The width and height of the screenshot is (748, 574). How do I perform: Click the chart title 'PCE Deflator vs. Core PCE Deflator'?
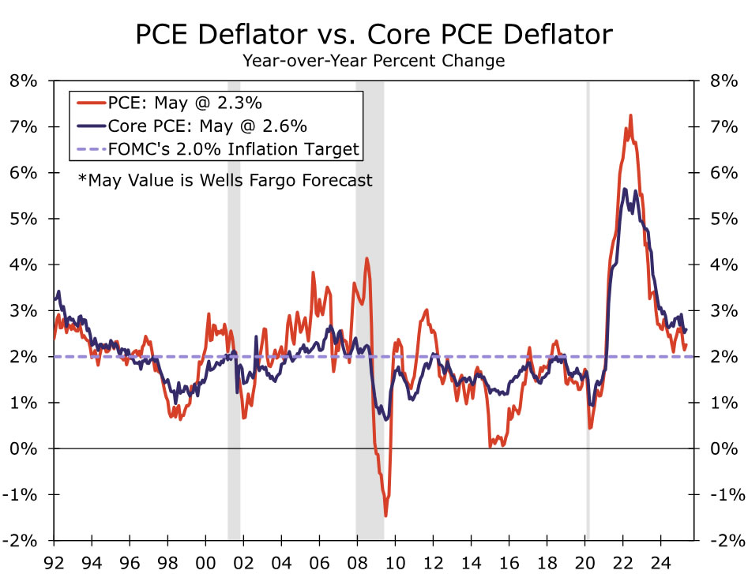(x=374, y=35)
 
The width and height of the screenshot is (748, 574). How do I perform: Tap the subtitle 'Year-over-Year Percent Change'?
(x=374, y=61)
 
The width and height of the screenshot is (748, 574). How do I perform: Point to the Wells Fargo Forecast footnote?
(x=225, y=180)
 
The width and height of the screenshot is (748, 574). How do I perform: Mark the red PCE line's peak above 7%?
(x=630, y=115)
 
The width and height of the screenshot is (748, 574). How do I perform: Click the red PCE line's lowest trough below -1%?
(x=385, y=516)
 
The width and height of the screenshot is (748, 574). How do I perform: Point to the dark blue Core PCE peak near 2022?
(x=624, y=189)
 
